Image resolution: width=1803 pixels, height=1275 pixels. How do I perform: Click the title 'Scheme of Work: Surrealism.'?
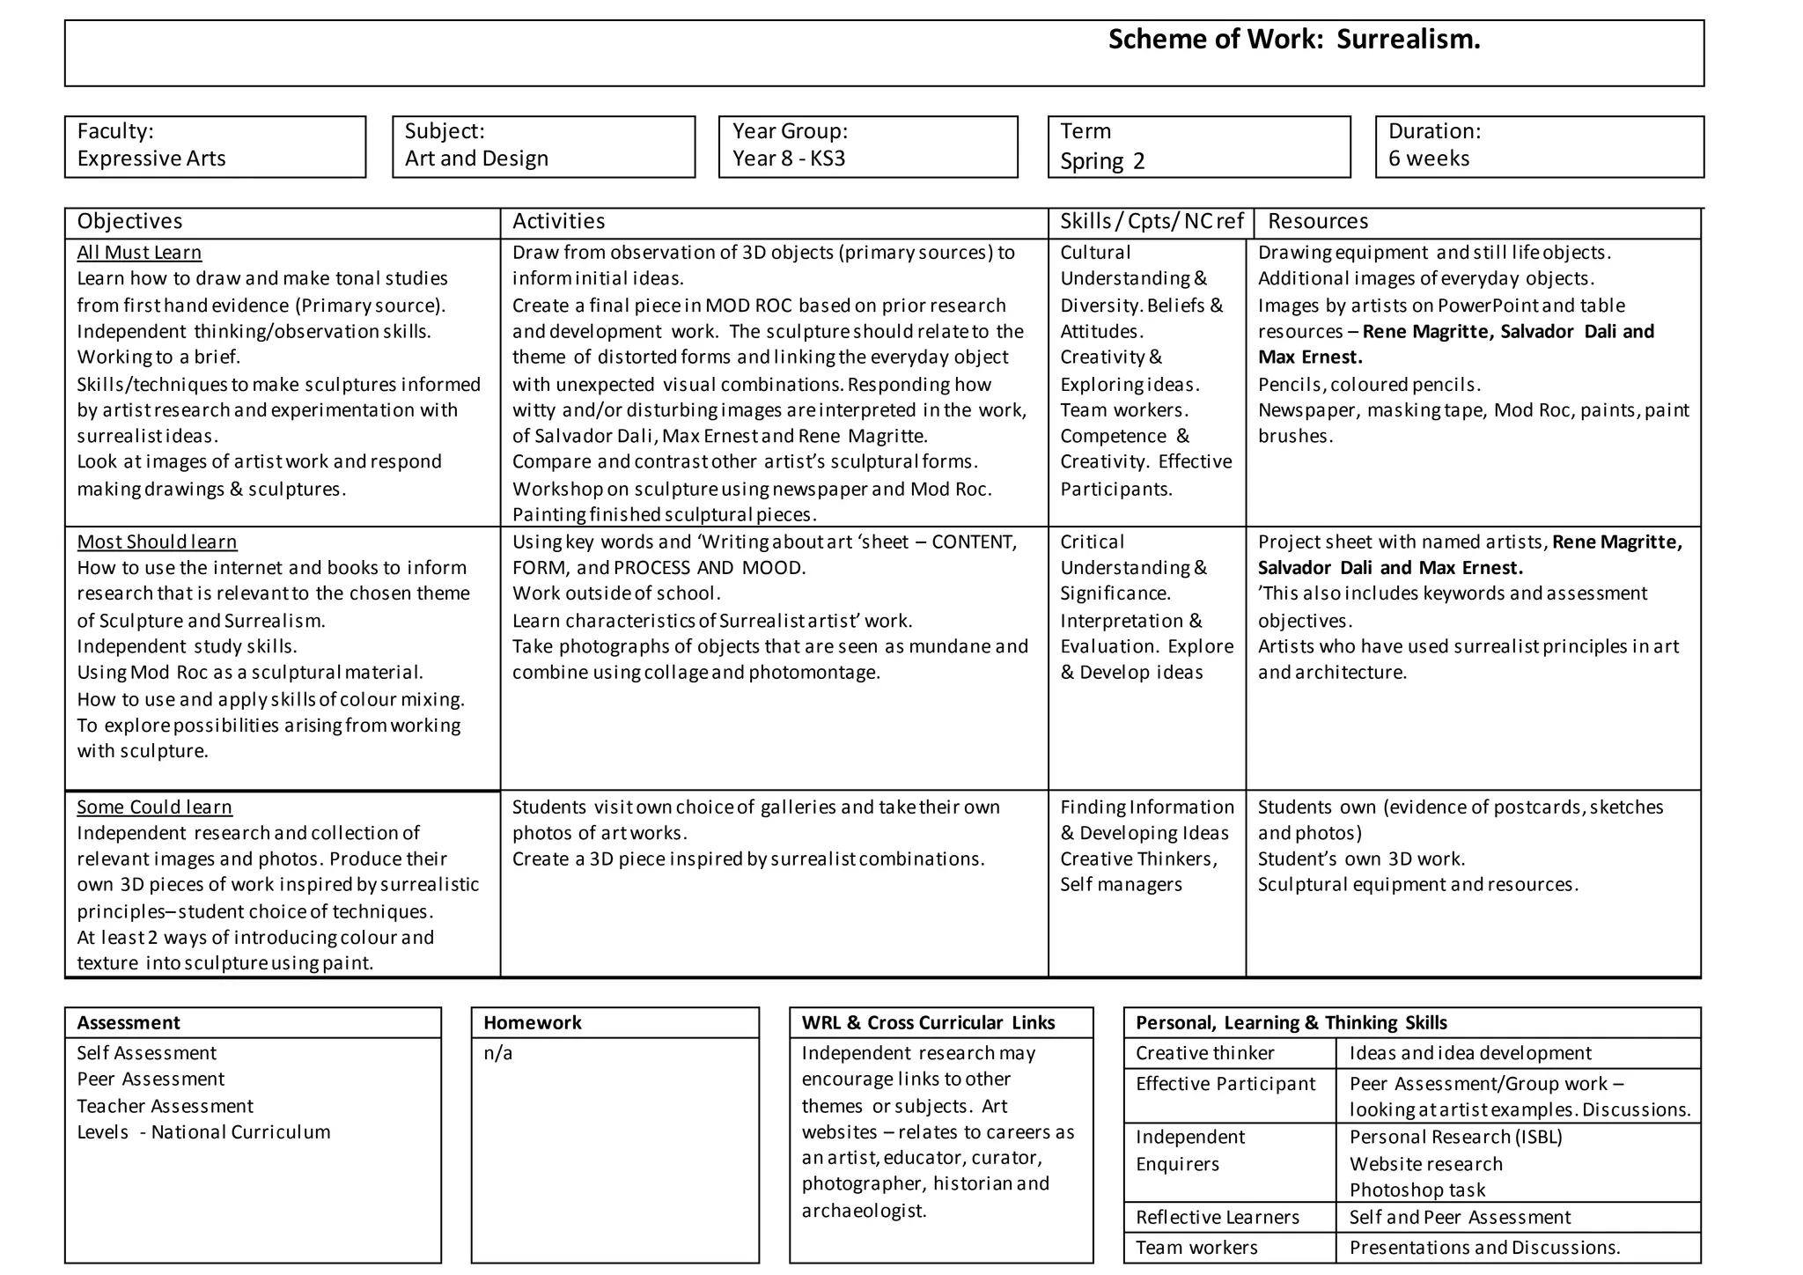[x=1293, y=40]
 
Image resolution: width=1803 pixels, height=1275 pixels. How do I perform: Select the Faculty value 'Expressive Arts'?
[x=151, y=158]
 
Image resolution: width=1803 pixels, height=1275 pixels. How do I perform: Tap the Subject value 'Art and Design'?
[x=476, y=158]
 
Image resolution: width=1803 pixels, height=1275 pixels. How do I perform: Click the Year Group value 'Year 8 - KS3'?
[x=789, y=158]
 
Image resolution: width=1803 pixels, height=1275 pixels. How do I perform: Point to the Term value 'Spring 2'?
[x=1102, y=161]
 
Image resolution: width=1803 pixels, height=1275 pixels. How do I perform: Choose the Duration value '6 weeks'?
[x=1429, y=158]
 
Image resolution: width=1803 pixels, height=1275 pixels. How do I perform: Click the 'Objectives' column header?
[x=129, y=221]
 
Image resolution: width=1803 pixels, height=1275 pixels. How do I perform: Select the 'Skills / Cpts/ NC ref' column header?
[x=1151, y=221]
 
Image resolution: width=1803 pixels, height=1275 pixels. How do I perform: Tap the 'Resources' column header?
[x=1317, y=221]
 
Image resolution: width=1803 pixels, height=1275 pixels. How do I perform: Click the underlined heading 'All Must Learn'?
[x=139, y=253]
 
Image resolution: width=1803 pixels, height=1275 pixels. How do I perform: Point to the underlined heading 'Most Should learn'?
[x=157, y=542]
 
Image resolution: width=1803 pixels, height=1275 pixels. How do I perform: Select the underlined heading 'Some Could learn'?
[x=154, y=807]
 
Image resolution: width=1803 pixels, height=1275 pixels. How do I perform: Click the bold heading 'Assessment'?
[x=128, y=1022]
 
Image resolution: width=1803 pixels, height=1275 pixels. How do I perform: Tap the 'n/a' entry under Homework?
[x=497, y=1053]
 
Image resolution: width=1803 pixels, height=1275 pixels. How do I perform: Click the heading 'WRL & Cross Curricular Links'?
[x=928, y=1022]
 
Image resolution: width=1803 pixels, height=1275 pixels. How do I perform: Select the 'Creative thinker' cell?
[x=1204, y=1053]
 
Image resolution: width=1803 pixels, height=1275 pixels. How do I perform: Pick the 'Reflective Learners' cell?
[x=1217, y=1217]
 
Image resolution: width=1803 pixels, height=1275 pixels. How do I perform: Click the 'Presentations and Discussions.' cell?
[x=1484, y=1247]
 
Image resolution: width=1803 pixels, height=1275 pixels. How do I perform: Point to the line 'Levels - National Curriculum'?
[x=203, y=1132]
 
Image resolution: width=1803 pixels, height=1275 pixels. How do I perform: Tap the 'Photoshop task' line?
[x=1417, y=1190]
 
